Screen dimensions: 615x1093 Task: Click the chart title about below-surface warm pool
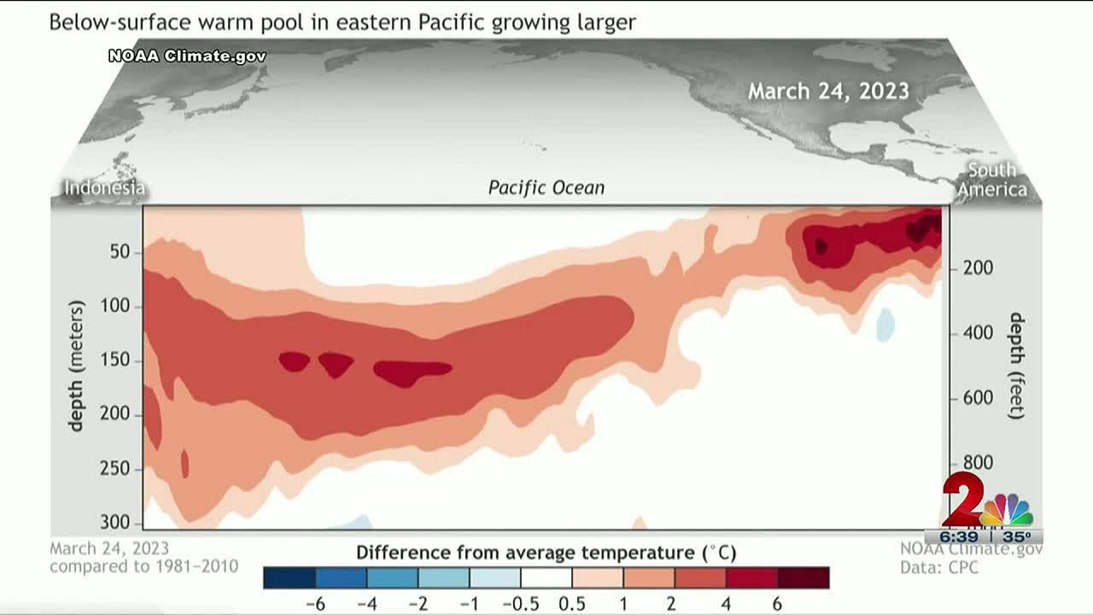[x=342, y=21]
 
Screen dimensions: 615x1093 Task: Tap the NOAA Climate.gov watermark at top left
[x=187, y=56]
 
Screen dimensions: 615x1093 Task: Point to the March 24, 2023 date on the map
[x=828, y=91]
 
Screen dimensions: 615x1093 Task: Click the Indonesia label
[x=105, y=188]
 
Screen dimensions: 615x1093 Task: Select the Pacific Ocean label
[x=546, y=187]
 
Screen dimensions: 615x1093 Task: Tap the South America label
[x=991, y=179]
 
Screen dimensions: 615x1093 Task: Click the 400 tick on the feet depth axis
[x=977, y=333]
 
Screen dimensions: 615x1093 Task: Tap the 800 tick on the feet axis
[x=977, y=463]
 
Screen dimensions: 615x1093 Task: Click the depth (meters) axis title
[x=77, y=366]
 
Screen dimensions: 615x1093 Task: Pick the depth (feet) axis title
[x=1016, y=366]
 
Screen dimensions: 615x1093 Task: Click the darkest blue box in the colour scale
[x=289, y=577]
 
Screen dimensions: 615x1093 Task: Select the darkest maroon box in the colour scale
[x=803, y=577]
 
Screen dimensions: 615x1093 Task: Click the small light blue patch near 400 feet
[x=886, y=325]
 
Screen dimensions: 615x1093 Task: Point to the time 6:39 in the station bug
[x=960, y=536]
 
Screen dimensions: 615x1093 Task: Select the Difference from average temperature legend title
[x=546, y=552]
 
